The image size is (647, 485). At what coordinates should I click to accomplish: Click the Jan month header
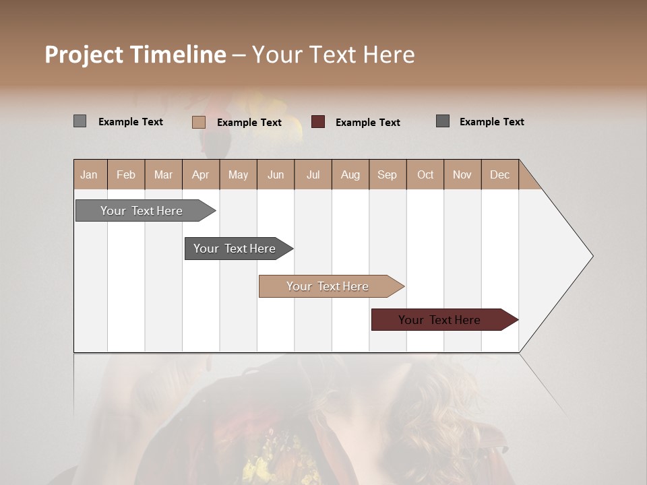(89, 174)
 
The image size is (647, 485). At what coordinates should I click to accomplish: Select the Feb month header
(126, 174)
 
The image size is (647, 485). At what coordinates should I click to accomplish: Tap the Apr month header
(200, 174)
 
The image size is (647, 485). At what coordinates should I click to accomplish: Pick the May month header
(238, 174)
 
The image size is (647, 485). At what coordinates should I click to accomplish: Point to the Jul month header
(313, 174)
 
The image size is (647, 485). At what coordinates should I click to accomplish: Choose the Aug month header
(350, 174)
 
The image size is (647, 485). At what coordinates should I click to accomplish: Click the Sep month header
(387, 174)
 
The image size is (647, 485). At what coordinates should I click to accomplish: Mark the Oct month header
(425, 174)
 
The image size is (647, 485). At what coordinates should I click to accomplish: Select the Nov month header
(462, 174)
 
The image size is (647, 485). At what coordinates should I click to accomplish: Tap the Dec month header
(499, 174)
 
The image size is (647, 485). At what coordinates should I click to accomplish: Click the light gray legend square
(80, 121)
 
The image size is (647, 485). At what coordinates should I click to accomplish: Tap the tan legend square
(199, 122)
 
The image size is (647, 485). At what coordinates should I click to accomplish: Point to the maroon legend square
(318, 122)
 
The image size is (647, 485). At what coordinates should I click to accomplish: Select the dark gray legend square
(443, 121)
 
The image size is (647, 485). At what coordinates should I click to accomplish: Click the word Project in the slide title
(84, 55)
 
